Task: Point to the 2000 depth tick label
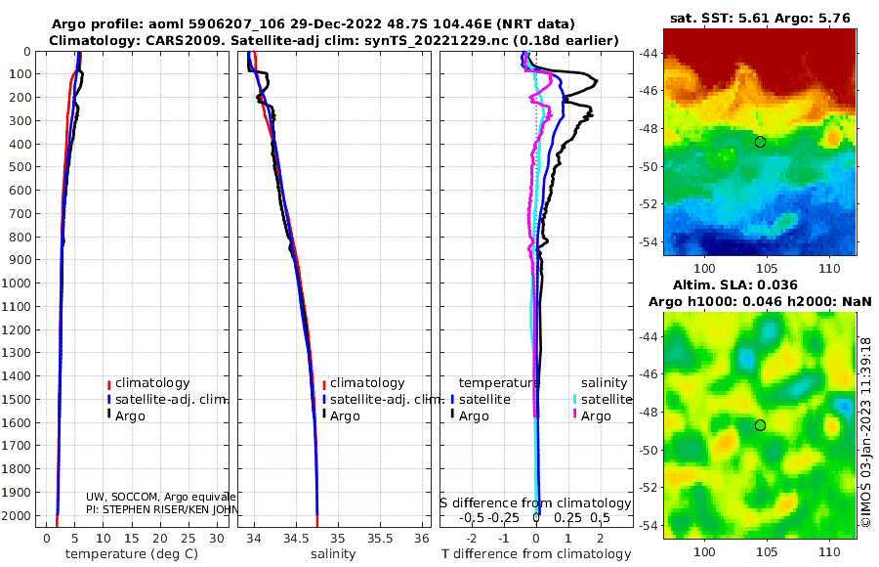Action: [21, 515]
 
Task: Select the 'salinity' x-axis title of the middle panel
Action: [334, 554]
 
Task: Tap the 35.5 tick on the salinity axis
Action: [380, 539]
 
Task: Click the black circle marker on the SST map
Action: [760, 142]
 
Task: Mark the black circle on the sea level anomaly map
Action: [760, 425]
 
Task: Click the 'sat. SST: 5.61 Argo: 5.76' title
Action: [759, 18]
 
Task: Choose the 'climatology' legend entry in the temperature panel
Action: [152, 383]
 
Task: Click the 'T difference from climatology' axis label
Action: [535, 554]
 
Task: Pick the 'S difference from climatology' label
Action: [535, 503]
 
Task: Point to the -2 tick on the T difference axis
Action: [473, 539]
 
